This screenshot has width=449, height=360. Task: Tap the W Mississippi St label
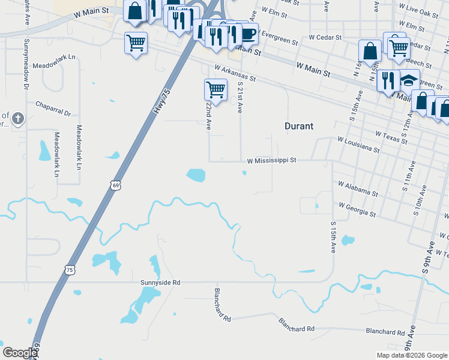(272, 161)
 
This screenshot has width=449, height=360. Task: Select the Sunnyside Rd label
(160, 282)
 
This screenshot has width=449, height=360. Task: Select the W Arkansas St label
(234, 74)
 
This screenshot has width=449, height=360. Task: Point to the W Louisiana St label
(358, 145)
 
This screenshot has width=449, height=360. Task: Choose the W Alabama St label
(358, 189)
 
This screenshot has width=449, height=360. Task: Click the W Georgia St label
(357, 209)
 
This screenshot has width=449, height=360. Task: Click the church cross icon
(17, 118)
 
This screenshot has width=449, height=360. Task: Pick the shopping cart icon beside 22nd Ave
(215, 90)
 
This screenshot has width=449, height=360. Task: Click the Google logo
(20, 353)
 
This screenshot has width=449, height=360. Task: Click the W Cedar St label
(325, 37)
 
